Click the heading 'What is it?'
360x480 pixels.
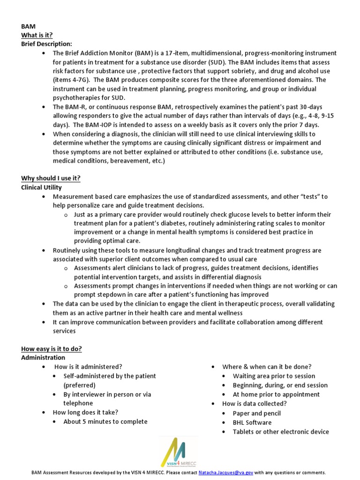click(37, 35)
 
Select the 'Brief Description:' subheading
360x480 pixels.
click(46, 44)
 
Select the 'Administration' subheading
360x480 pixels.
click(43, 358)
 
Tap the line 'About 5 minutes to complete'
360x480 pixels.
click(105, 421)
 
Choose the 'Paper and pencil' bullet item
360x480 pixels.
click(257, 413)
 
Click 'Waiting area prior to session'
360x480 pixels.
click(274, 376)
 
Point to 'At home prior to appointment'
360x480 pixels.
click(276, 394)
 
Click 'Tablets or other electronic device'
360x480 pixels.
click(281, 432)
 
